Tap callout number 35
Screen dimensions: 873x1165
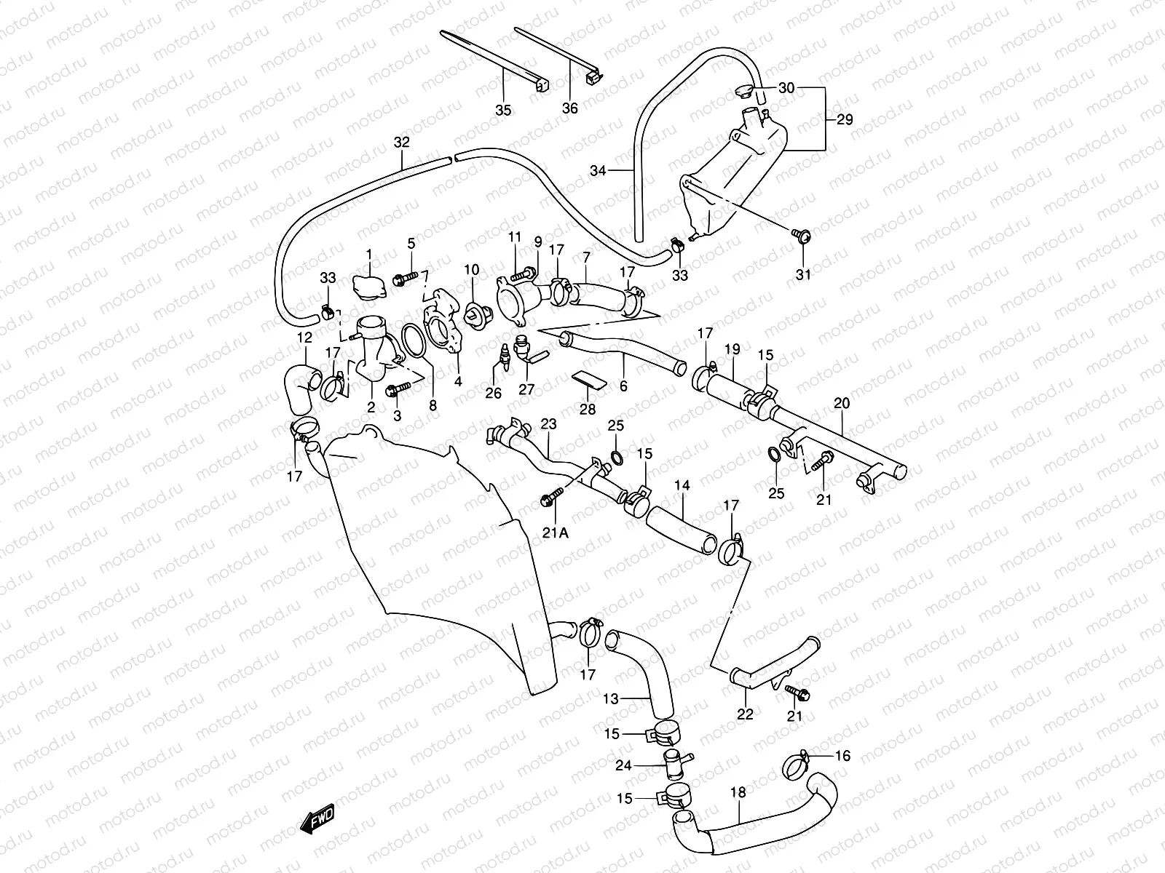pos(503,111)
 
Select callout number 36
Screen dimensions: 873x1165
pos(570,108)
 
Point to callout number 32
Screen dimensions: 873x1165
pos(402,142)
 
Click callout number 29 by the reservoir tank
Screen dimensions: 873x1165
pos(844,119)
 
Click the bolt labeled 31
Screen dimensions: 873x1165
pos(801,234)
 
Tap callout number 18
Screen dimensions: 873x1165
pos(738,793)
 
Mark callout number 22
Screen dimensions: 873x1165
pos(745,714)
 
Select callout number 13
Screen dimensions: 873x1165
pos(611,699)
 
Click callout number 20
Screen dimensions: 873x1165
pos(842,404)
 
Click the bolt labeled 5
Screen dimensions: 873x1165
pos(404,277)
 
